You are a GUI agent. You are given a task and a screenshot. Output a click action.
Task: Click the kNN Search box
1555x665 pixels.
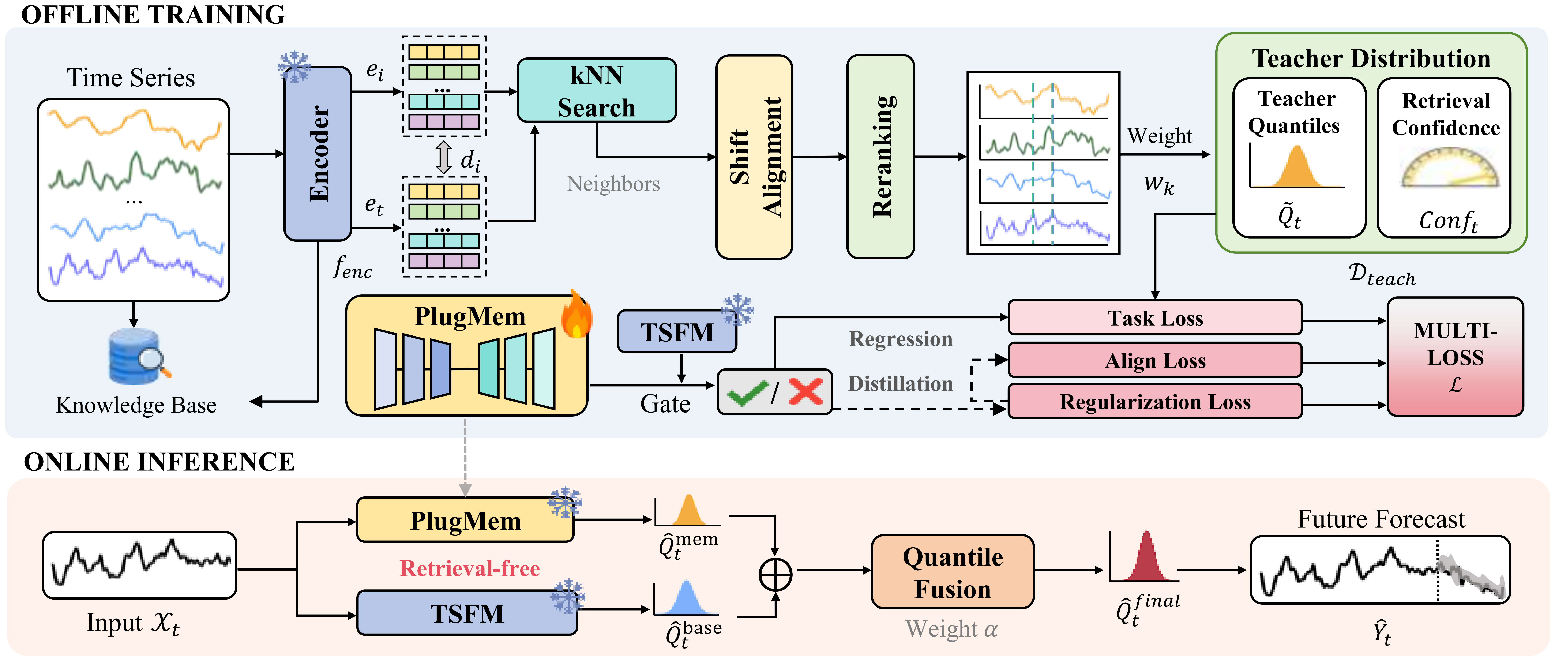[x=596, y=90]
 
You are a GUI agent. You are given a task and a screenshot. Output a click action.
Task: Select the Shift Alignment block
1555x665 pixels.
[x=754, y=157]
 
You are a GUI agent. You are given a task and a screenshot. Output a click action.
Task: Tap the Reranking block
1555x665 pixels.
[x=881, y=157]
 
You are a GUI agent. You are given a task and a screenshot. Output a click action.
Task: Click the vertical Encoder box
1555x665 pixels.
[x=318, y=154]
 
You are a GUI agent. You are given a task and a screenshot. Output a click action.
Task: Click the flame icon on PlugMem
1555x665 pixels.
[x=576, y=314]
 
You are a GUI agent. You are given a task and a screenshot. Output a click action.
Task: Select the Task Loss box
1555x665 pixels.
[x=1155, y=318]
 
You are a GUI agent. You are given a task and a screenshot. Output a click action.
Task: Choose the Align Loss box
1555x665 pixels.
[x=1155, y=360]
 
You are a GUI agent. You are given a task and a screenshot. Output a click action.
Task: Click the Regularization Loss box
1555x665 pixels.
[x=1155, y=401]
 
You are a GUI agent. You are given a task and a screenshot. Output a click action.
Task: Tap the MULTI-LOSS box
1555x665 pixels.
[x=1455, y=357]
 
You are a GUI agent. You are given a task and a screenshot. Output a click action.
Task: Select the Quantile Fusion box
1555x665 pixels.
[x=953, y=571]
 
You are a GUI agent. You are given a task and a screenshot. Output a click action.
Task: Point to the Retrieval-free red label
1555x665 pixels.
[x=470, y=568]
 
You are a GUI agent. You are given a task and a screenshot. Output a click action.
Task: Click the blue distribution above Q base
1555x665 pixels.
[x=686, y=597]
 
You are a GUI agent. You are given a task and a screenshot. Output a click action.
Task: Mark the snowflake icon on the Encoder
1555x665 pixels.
[x=294, y=66]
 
